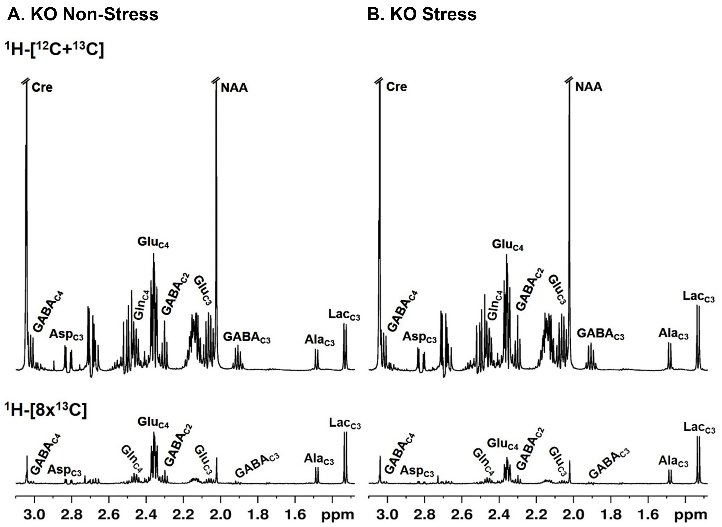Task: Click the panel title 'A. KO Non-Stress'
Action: [83, 14]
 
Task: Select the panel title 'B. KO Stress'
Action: [422, 14]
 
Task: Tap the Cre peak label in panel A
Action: [42, 87]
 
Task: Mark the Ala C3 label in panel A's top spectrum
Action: [320, 341]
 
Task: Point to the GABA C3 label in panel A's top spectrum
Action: [246, 337]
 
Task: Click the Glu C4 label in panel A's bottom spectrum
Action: [153, 422]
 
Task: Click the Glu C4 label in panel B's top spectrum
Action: [508, 245]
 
